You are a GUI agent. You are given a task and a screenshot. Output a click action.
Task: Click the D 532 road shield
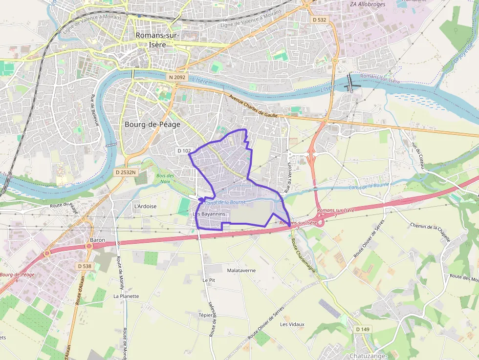tap(319, 20)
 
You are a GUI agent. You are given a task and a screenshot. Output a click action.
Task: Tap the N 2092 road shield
tap(176, 77)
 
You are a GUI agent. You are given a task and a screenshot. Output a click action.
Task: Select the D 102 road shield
tap(184, 151)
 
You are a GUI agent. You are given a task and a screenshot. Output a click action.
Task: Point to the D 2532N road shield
tap(125, 172)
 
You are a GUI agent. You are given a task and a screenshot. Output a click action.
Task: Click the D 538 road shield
tap(85, 266)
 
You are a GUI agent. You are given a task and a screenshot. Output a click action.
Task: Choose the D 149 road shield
tap(363, 329)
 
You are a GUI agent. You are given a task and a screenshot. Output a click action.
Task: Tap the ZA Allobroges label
tap(368, 4)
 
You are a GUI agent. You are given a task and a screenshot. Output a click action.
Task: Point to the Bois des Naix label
tap(165, 178)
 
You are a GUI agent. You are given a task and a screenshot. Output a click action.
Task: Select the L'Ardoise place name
tap(145, 206)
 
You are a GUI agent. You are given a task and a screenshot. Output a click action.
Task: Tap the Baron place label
tap(98, 240)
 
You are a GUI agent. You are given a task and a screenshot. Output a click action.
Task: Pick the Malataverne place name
tap(241, 270)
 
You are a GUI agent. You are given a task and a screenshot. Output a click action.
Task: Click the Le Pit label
tap(209, 280)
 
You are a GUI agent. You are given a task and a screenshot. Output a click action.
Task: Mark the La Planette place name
tap(126, 296)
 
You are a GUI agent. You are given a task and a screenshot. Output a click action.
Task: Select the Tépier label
tap(206, 315)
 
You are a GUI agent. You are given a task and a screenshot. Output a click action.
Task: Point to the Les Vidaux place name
tap(292, 324)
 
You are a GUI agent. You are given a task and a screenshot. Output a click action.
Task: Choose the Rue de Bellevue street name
tap(94, 110)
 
